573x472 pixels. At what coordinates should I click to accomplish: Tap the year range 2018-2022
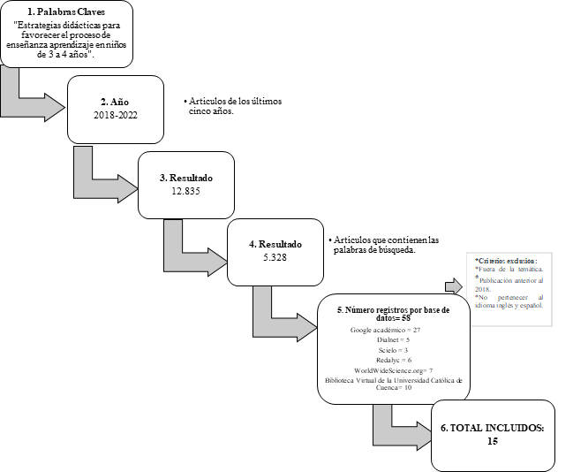tap(115, 115)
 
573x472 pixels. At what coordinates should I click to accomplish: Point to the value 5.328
tap(275, 256)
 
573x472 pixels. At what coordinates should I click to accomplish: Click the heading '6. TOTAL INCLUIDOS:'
tap(493, 428)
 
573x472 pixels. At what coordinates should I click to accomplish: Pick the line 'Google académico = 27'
tap(385, 330)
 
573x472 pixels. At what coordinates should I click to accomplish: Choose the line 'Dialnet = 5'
tap(386, 339)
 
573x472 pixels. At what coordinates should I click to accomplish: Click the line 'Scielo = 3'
tap(386, 350)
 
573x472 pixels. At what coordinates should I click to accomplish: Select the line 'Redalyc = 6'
tap(386, 360)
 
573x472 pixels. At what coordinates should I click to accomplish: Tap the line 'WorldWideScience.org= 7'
tap(386, 369)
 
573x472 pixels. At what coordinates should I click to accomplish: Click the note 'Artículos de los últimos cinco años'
tap(233, 106)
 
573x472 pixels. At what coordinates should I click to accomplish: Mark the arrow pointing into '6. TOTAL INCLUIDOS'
tap(398, 426)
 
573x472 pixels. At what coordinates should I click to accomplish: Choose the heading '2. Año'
tap(115, 102)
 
